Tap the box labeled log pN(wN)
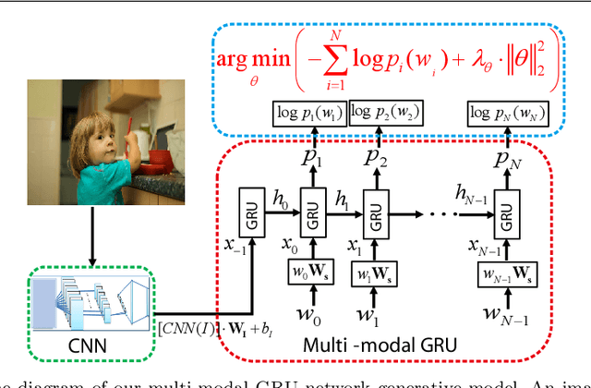coord(506,113)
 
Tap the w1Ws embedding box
coord(373,275)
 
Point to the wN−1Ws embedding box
coord(504,275)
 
